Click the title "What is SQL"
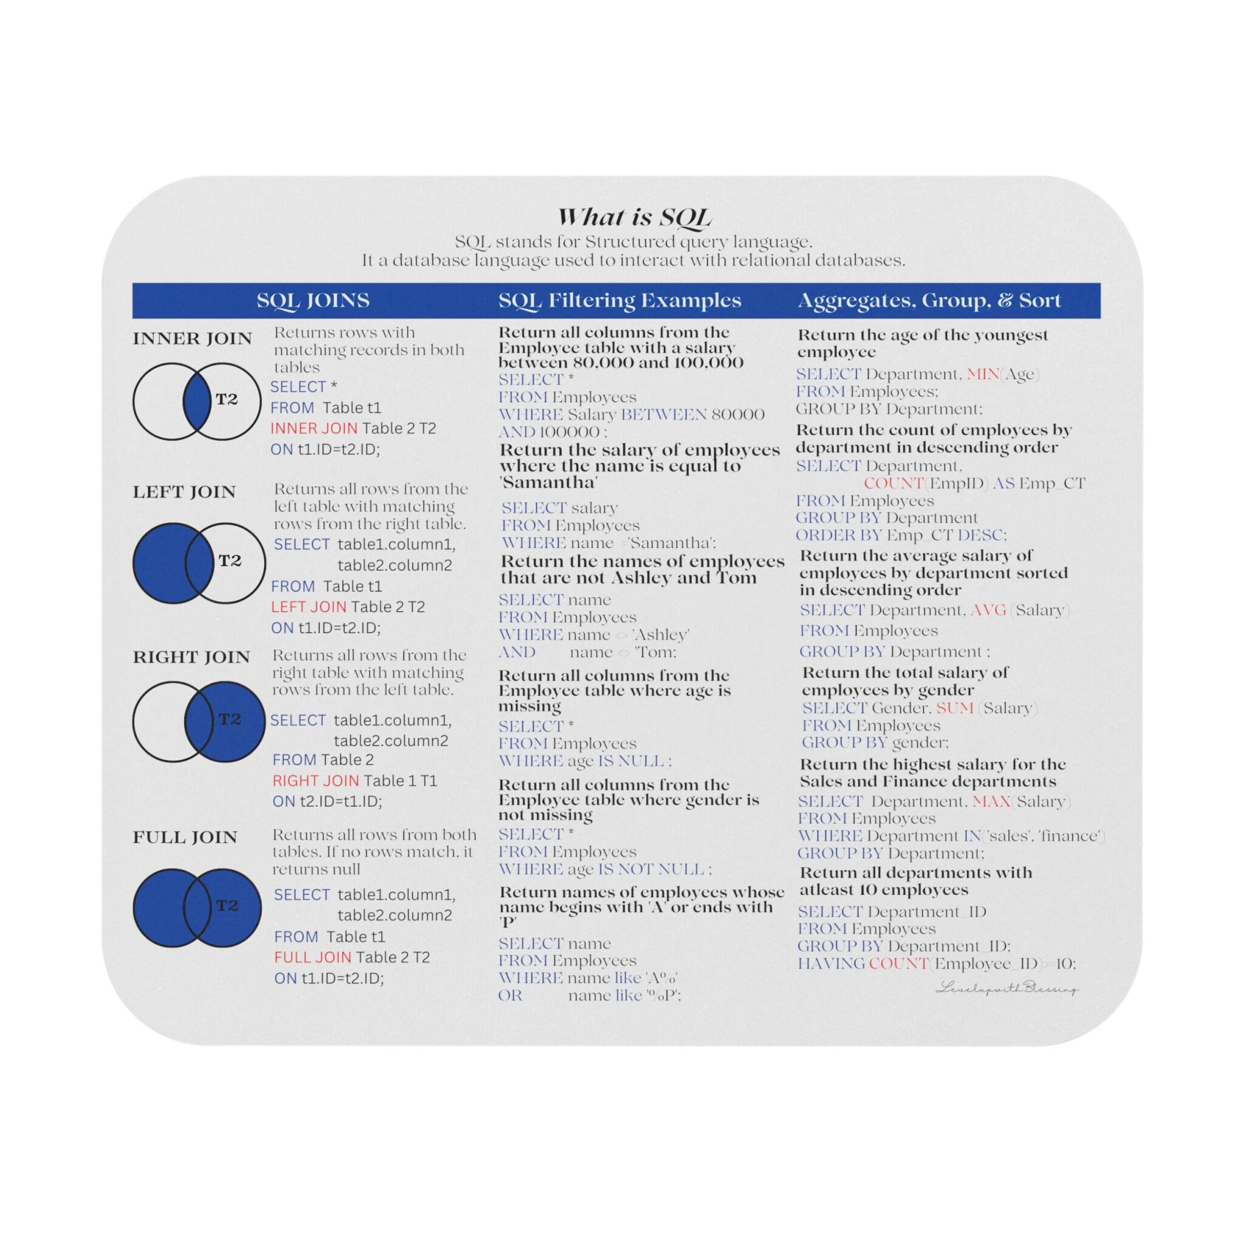coord(634,217)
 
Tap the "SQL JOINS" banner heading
coord(313,301)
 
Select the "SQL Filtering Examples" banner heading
coord(620,301)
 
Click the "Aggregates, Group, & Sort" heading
coord(929,301)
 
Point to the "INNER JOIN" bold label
coord(192,339)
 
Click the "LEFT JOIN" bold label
coord(184,492)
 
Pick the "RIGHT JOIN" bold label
coord(191,657)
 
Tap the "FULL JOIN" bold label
coord(185,837)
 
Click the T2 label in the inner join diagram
coord(227,399)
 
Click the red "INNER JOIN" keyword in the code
coord(313,429)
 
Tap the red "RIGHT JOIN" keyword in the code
coord(315,781)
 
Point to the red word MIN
coord(983,374)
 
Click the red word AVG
coord(988,610)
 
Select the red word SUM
coord(954,708)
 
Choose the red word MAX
coord(991,802)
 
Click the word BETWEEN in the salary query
coord(663,415)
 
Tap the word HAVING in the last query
coord(830,964)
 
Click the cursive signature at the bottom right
coord(1006,988)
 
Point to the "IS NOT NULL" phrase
coord(651,869)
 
